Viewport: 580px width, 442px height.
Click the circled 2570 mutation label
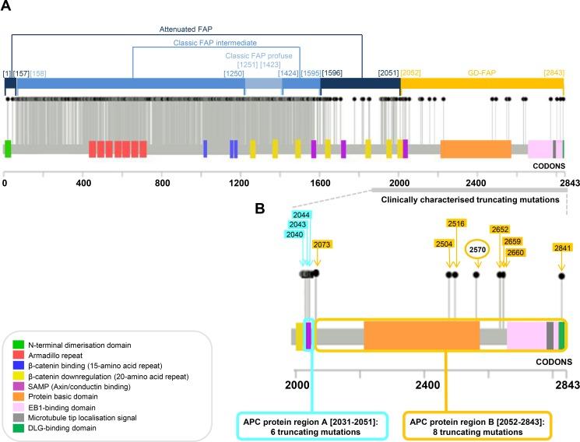[x=476, y=249]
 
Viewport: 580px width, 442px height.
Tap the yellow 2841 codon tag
[x=562, y=247]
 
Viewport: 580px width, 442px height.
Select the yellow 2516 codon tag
[x=455, y=223]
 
